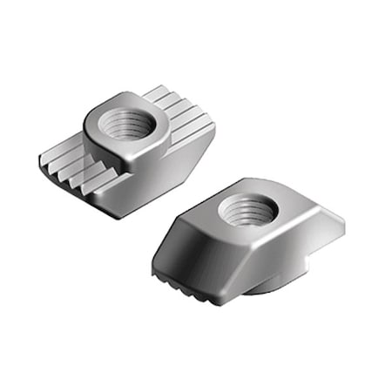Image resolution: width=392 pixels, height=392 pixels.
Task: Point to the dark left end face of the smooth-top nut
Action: (166, 253)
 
